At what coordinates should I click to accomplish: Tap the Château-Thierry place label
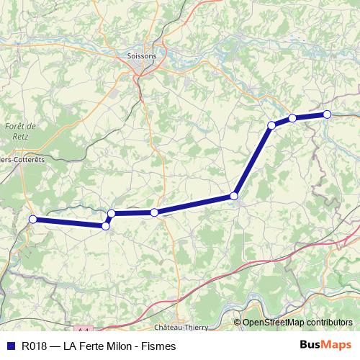coord(181,327)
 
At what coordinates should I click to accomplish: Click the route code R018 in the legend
coord(34,346)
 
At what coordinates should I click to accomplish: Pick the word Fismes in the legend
coord(160,346)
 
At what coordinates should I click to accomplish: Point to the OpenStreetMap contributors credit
coord(297,323)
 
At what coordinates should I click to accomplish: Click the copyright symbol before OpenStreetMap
coord(237,323)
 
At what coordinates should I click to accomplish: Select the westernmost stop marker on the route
coord(32,220)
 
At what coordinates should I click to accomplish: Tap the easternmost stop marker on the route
coord(327,114)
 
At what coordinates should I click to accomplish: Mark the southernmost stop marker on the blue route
coord(106,226)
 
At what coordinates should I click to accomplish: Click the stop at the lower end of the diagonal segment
coord(234,196)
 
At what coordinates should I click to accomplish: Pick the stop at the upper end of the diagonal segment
coord(271,125)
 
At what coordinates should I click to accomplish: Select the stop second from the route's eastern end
coord(292,118)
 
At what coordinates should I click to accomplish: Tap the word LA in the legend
coord(69,346)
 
